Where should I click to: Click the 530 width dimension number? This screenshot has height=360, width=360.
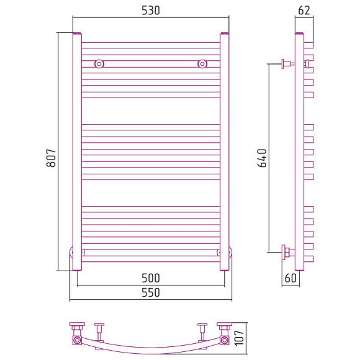click(x=151, y=11)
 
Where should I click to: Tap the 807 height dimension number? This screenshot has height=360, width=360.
click(x=51, y=158)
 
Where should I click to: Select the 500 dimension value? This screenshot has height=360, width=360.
click(x=151, y=278)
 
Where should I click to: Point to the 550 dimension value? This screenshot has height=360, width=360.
click(x=151, y=292)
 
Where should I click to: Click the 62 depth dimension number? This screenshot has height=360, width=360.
click(x=304, y=11)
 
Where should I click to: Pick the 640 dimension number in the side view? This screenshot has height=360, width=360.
click(x=262, y=158)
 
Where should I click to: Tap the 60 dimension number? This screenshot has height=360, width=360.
click(x=290, y=278)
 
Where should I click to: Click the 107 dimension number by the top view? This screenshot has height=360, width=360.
click(x=239, y=338)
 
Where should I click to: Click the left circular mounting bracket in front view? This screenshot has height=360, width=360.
click(x=99, y=64)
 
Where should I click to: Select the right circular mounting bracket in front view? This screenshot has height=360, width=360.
click(x=202, y=64)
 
